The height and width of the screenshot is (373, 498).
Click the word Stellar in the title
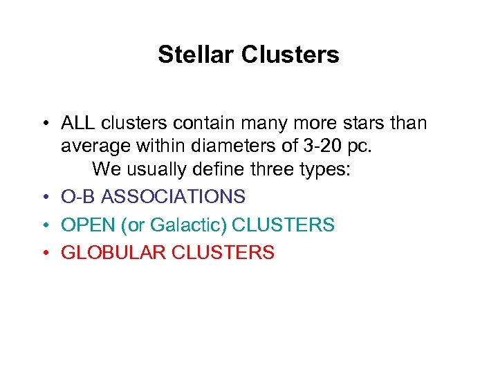tap(196, 55)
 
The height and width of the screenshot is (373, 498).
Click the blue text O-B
tap(78, 197)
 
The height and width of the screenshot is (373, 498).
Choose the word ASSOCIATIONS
tap(174, 197)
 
